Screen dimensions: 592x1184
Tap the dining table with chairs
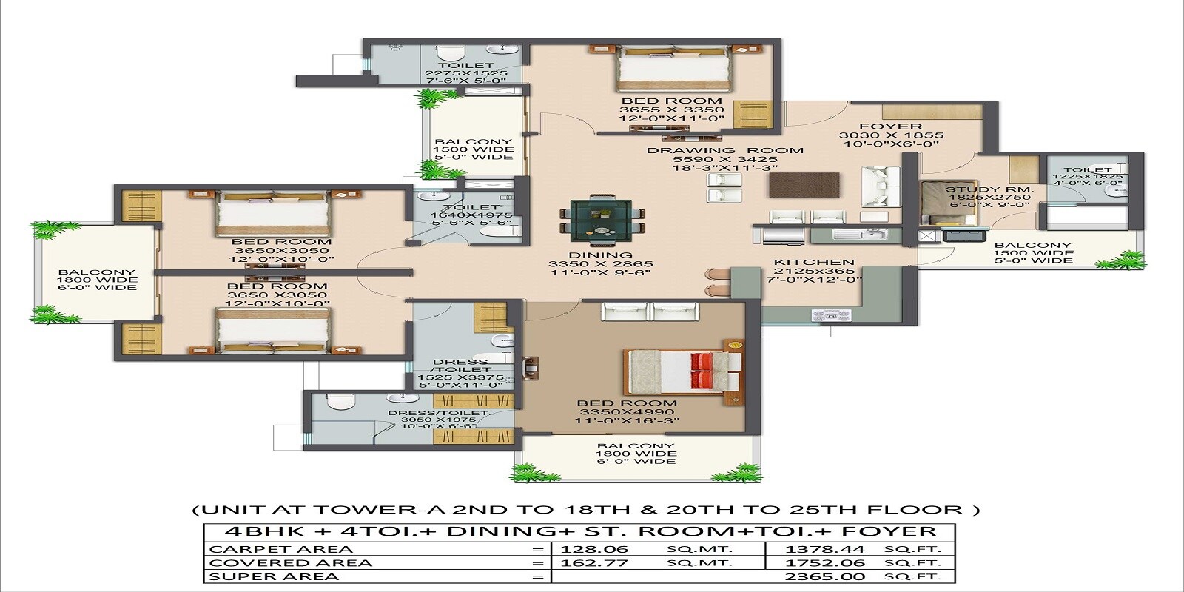pyautogui.click(x=600, y=220)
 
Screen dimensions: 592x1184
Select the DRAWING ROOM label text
pyautogui.click(x=724, y=150)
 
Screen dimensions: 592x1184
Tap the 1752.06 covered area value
pyautogui.click(x=828, y=563)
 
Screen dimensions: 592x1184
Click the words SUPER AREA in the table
pyautogui.click(x=274, y=576)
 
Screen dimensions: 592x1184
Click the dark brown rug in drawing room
pyautogui.click(x=804, y=185)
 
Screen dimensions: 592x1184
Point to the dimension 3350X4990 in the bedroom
pyautogui.click(x=628, y=412)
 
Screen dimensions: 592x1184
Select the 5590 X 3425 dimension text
pyautogui.click(x=724, y=159)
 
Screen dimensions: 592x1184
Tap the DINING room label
pyautogui.click(x=601, y=255)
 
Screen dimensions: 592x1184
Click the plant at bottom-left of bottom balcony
pyautogui.click(x=526, y=471)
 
